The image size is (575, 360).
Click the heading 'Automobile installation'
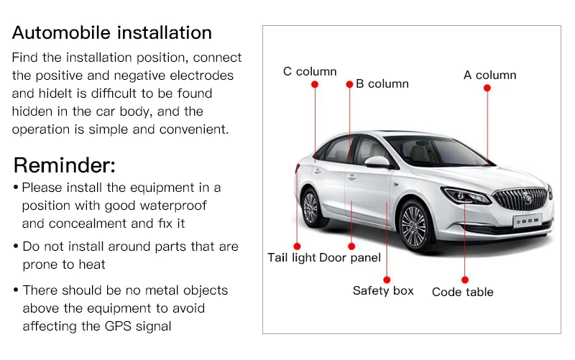pos(112,33)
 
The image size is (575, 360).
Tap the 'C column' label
pos(310,71)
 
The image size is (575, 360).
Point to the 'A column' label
pos(489,75)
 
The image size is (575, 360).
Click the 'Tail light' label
pos(292,257)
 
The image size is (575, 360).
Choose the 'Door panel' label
pos(350,257)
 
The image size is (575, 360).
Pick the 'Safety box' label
pos(383,290)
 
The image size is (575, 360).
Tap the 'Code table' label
pos(463,292)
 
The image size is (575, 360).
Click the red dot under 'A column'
pos(487,88)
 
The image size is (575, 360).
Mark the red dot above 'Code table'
pos(465,279)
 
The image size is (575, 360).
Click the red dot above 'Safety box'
pos(387,279)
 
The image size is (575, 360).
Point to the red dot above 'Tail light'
pos(297,246)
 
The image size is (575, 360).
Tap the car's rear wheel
pos(310,208)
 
